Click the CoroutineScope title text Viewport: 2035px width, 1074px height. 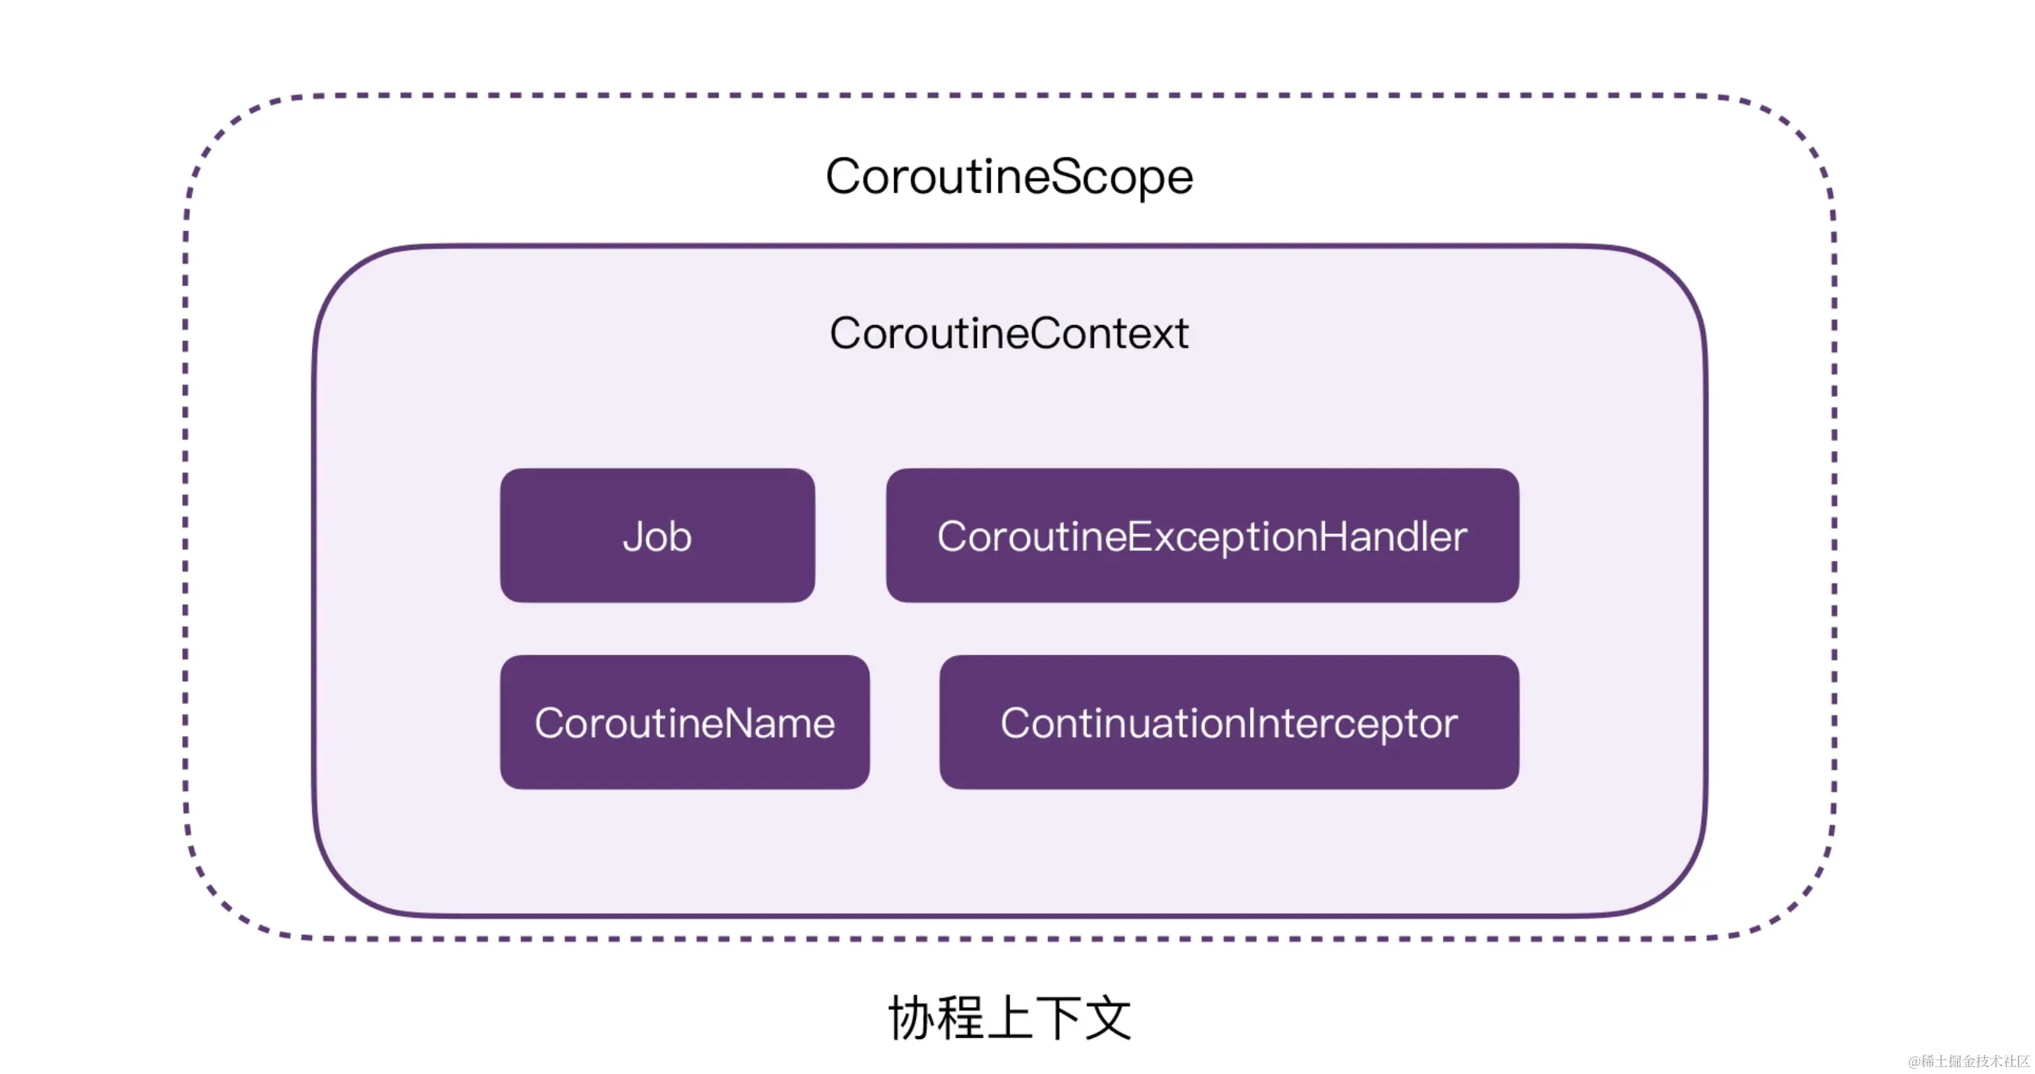1009,176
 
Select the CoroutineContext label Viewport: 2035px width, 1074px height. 1009,333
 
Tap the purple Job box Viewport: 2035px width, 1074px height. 657,535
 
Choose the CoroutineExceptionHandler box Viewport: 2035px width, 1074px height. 1201,535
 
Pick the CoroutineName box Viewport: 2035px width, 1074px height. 684,722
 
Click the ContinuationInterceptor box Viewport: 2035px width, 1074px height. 1229,722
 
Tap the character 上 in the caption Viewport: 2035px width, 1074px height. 1010,1018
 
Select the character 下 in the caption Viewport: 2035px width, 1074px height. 1059,1018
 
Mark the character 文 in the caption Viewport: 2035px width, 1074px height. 1108,1018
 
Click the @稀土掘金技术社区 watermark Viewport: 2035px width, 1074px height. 1968,1061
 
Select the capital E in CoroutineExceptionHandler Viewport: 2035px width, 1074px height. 1140,535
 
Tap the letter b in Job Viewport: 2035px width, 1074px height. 680,535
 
